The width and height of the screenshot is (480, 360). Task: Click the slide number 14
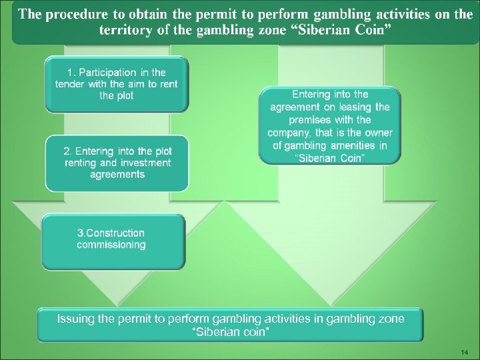465,351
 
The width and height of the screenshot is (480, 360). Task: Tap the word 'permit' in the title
227,15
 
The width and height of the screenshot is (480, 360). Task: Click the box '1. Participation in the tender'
117,84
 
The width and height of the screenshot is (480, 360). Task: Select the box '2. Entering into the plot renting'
117,163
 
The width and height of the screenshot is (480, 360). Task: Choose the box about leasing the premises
329,126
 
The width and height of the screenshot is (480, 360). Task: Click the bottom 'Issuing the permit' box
230,325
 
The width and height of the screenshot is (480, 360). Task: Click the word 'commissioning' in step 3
111,245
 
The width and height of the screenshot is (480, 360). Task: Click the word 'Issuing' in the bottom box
77,319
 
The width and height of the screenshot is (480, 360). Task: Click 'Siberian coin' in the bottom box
230,331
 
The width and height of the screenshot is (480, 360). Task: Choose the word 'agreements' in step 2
117,175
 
